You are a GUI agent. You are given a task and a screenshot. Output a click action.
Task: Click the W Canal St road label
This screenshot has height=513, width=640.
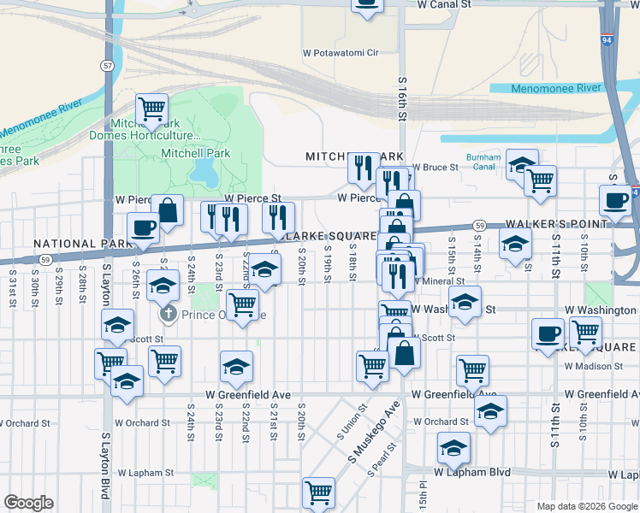[444, 5]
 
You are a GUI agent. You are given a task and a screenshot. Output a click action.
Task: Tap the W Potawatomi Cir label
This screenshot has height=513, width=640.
[341, 53]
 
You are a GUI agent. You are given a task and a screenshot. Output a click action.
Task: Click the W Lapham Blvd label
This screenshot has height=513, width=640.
[471, 472]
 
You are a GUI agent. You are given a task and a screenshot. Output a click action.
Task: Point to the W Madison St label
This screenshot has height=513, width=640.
[594, 366]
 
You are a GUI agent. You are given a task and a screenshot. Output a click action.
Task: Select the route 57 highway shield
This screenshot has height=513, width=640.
[106, 65]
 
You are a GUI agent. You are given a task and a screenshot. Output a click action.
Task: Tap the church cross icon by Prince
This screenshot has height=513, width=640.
[169, 314]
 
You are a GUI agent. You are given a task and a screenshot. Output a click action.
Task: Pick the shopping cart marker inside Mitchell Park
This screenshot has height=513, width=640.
[152, 109]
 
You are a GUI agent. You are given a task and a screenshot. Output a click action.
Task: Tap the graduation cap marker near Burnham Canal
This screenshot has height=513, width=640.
[522, 164]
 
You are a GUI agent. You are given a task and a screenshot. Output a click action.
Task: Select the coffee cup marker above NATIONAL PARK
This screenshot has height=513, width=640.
[143, 227]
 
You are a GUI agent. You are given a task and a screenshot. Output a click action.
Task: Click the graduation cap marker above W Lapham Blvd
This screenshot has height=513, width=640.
[453, 447]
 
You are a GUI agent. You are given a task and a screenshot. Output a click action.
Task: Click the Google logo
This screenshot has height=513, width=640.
[28, 503]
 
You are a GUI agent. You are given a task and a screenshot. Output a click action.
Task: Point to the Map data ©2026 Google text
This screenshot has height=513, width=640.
[586, 506]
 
